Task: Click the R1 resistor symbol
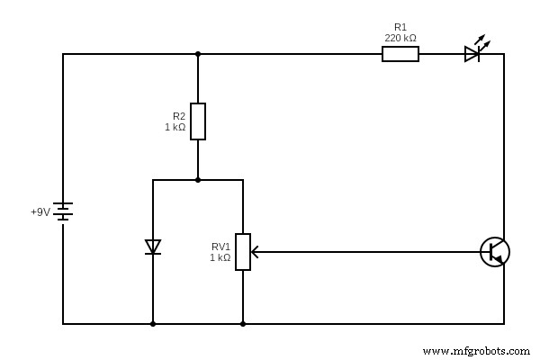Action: click(400, 54)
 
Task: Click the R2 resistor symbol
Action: click(198, 121)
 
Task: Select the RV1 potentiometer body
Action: click(243, 252)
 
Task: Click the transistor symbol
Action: click(494, 252)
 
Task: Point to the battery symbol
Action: click(63, 211)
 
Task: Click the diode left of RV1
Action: click(153, 247)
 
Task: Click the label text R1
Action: click(400, 28)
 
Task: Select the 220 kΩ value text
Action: click(400, 39)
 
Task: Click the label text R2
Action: click(179, 116)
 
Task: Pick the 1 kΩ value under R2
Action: click(175, 128)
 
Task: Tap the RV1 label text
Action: click(220, 246)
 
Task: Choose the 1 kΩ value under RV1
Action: click(220, 257)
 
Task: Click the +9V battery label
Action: click(40, 212)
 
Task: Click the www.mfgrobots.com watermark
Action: click(474, 350)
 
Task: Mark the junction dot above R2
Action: click(198, 54)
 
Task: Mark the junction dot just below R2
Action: click(198, 180)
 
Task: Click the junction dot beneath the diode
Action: click(153, 324)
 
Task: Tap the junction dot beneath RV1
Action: click(243, 324)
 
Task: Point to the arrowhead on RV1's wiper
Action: click(255, 252)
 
